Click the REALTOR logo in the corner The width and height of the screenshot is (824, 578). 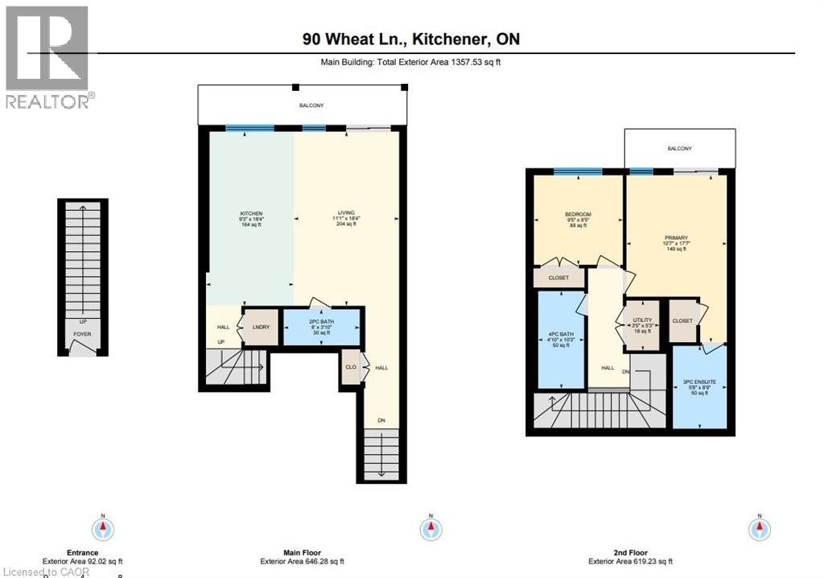(x=47, y=57)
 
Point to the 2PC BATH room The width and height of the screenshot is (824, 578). (x=322, y=327)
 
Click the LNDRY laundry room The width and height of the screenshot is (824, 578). (x=261, y=328)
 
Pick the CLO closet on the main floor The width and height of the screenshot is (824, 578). (x=350, y=367)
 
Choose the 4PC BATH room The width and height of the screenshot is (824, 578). (x=560, y=338)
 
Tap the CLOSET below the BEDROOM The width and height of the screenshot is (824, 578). (x=558, y=278)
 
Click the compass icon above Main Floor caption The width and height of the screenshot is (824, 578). (x=432, y=529)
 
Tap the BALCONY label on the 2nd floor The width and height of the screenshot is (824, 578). (x=679, y=148)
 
